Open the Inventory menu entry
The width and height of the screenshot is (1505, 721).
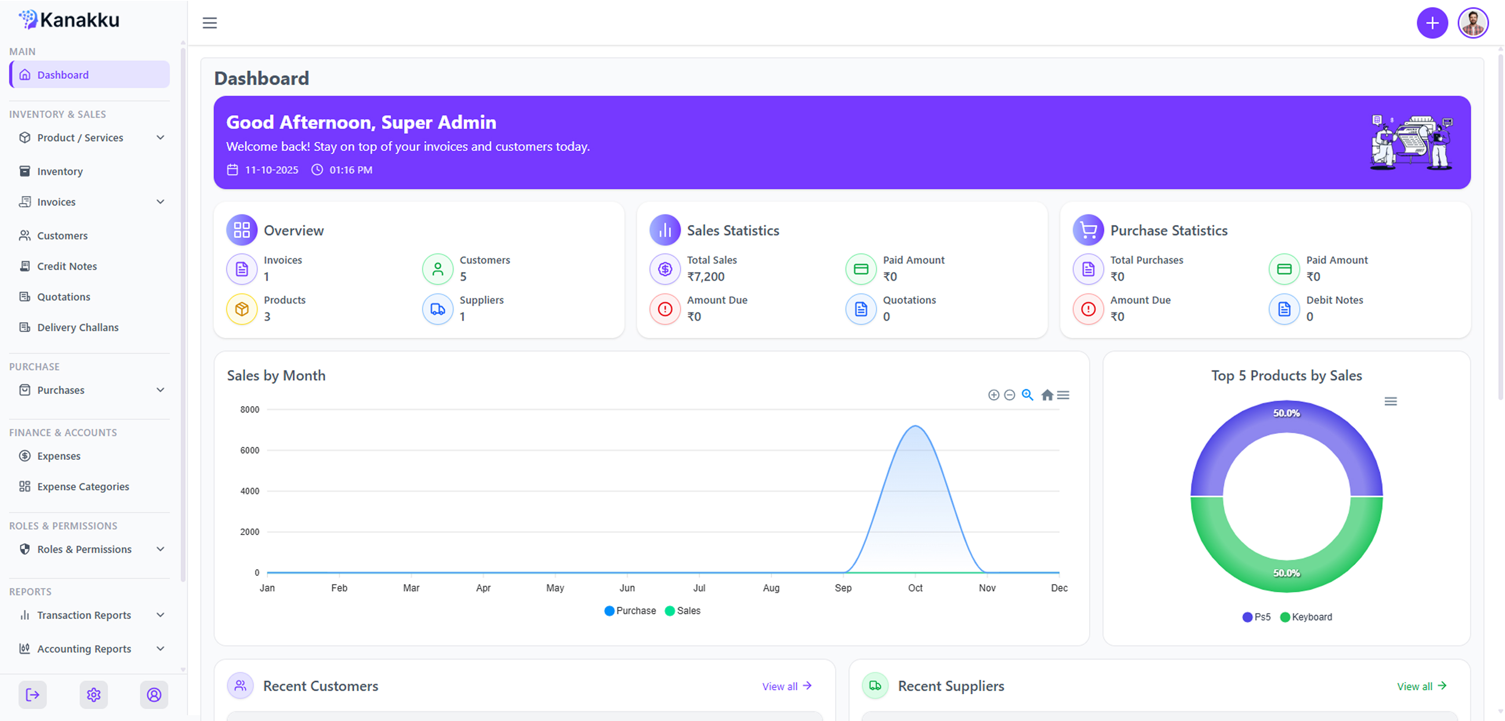[x=60, y=171]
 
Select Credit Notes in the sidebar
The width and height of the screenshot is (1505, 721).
[x=67, y=266]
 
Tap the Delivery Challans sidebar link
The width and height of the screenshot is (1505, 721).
[x=78, y=327]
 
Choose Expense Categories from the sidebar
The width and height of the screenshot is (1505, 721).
[x=83, y=486]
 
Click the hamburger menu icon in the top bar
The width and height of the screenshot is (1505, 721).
[x=210, y=23]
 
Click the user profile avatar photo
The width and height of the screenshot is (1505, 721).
[x=1473, y=23]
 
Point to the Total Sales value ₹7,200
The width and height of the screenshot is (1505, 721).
[x=706, y=277]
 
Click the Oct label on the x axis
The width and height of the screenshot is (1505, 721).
[x=915, y=588]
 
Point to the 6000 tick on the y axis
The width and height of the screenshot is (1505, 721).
[x=250, y=450]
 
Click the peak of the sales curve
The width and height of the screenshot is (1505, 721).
[x=915, y=426]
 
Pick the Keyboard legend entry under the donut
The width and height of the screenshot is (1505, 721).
[x=1306, y=617]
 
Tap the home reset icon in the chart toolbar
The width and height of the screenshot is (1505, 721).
[x=1047, y=395]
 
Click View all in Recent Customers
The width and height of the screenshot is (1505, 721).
[x=786, y=686]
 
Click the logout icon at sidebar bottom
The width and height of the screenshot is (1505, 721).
[x=33, y=695]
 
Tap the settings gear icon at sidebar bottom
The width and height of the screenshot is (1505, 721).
[x=94, y=695]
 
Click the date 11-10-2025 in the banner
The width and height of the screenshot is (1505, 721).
[x=272, y=169]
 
